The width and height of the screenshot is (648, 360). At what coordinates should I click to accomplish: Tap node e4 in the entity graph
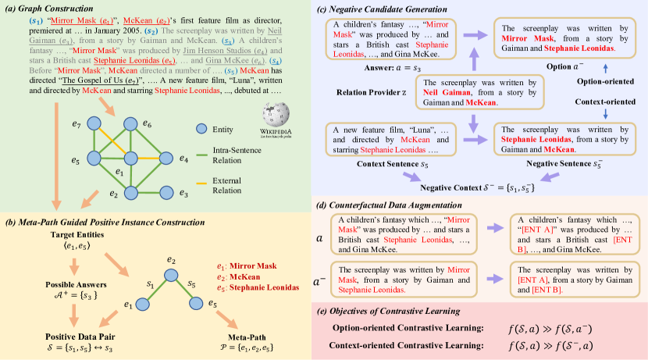(166, 159)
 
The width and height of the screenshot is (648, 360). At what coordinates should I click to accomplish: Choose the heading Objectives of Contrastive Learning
(417, 312)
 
